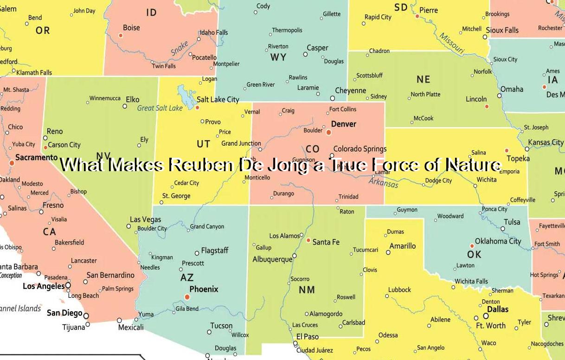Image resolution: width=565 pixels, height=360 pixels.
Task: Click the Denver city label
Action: (x=343, y=124)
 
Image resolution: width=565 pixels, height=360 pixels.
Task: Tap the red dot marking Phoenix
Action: (x=187, y=297)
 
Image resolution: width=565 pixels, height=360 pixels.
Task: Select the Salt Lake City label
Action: (x=218, y=99)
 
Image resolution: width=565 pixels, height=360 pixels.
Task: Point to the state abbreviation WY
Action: (x=278, y=58)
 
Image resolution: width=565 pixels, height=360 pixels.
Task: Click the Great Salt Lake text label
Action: (x=160, y=108)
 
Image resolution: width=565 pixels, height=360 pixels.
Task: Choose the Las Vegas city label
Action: (x=145, y=219)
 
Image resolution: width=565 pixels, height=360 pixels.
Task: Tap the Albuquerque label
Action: (x=272, y=259)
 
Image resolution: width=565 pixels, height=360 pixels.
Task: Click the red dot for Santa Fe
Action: (x=308, y=240)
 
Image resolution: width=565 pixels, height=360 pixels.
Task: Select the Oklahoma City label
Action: (x=498, y=241)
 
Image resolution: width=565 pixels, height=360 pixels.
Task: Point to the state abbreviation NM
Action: (x=307, y=290)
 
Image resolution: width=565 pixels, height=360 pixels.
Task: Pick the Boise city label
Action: (x=131, y=28)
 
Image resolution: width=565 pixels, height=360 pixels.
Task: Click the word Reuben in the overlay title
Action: (x=202, y=165)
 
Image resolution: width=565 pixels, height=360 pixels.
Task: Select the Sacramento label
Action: (x=36, y=158)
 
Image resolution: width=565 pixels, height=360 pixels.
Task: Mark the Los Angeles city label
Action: (x=44, y=286)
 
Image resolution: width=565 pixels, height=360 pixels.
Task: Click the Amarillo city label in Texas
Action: (x=403, y=246)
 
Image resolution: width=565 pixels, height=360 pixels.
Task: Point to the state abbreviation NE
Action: (x=423, y=79)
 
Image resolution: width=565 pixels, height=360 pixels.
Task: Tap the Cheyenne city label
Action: (x=351, y=91)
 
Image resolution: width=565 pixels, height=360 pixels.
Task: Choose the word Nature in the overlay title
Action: (x=473, y=165)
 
